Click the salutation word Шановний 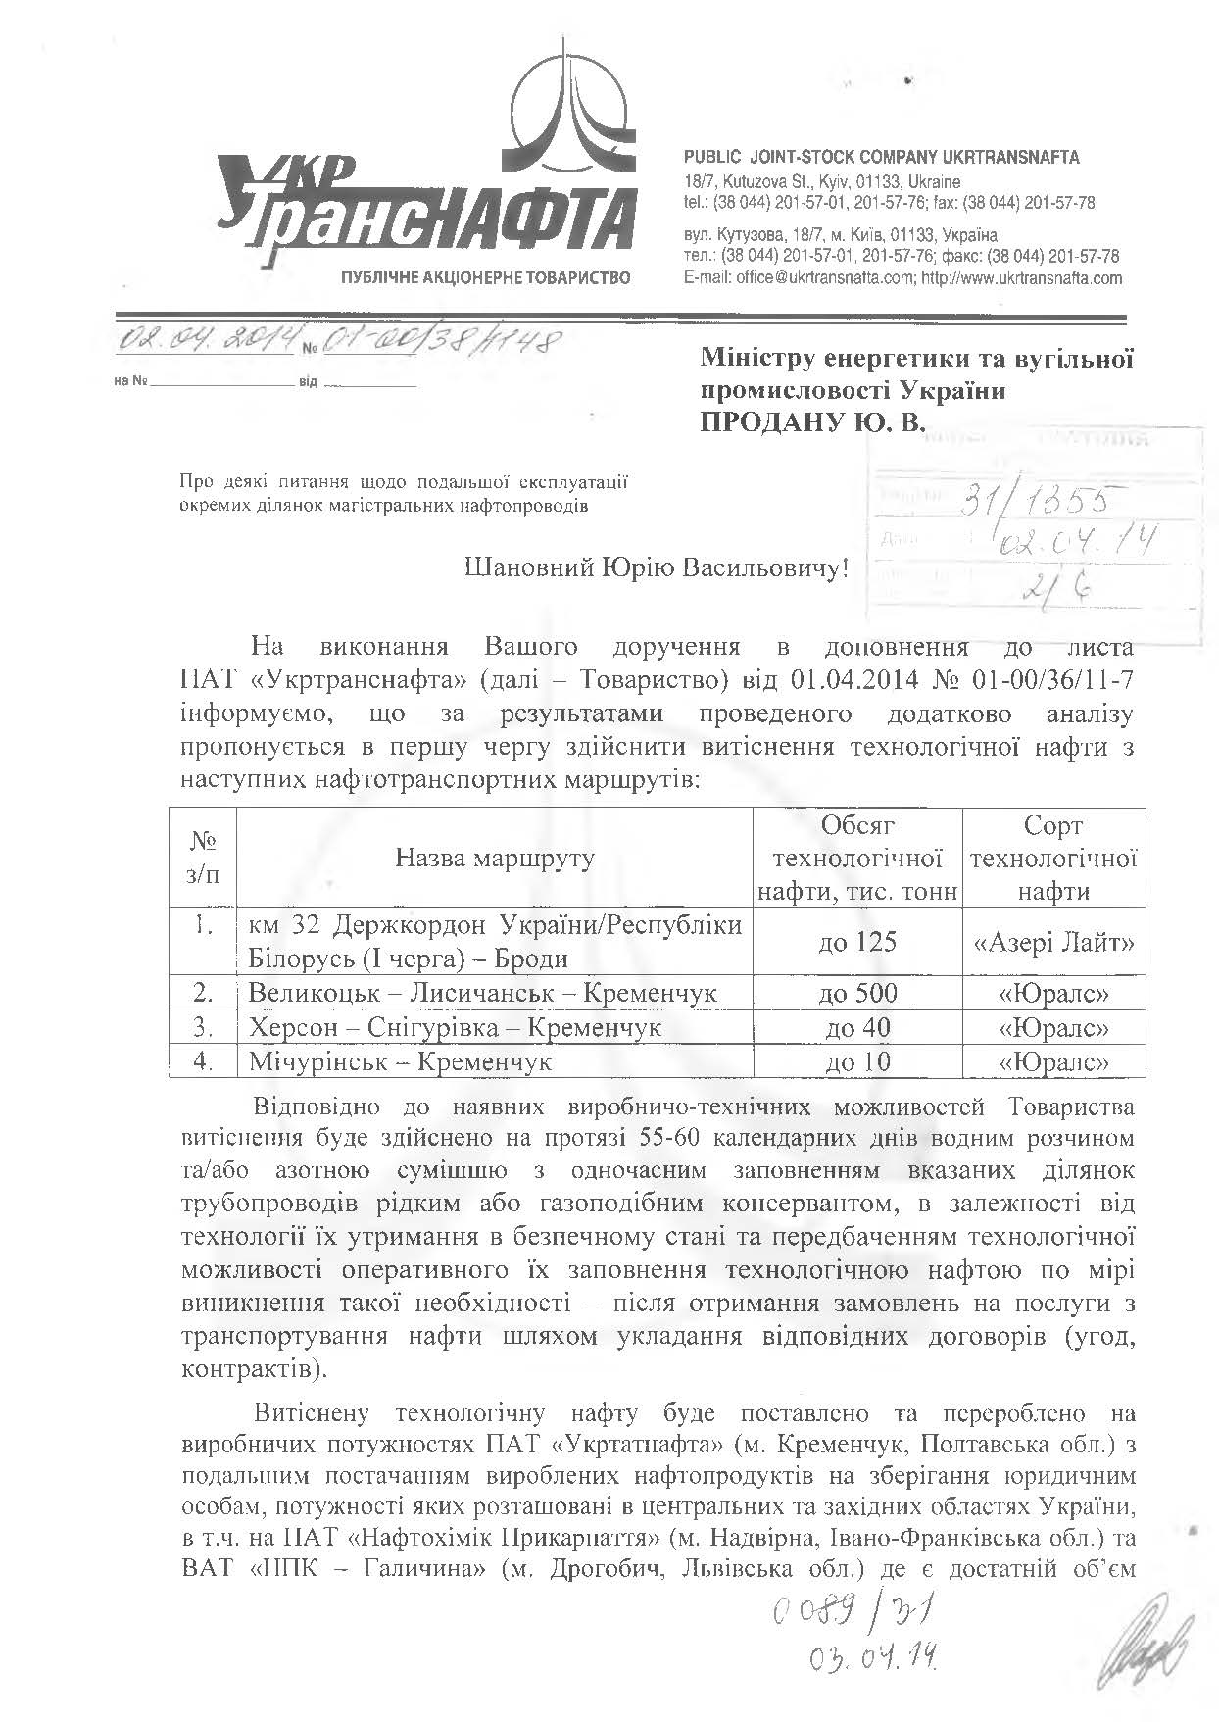(x=528, y=567)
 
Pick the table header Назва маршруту (x=495, y=859)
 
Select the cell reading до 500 (x=857, y=993)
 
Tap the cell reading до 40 (x=857, y=1027)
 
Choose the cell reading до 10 (x=857, y=1061)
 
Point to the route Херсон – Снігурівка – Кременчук (x=455, y=1027)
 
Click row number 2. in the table (x=203, y=993)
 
